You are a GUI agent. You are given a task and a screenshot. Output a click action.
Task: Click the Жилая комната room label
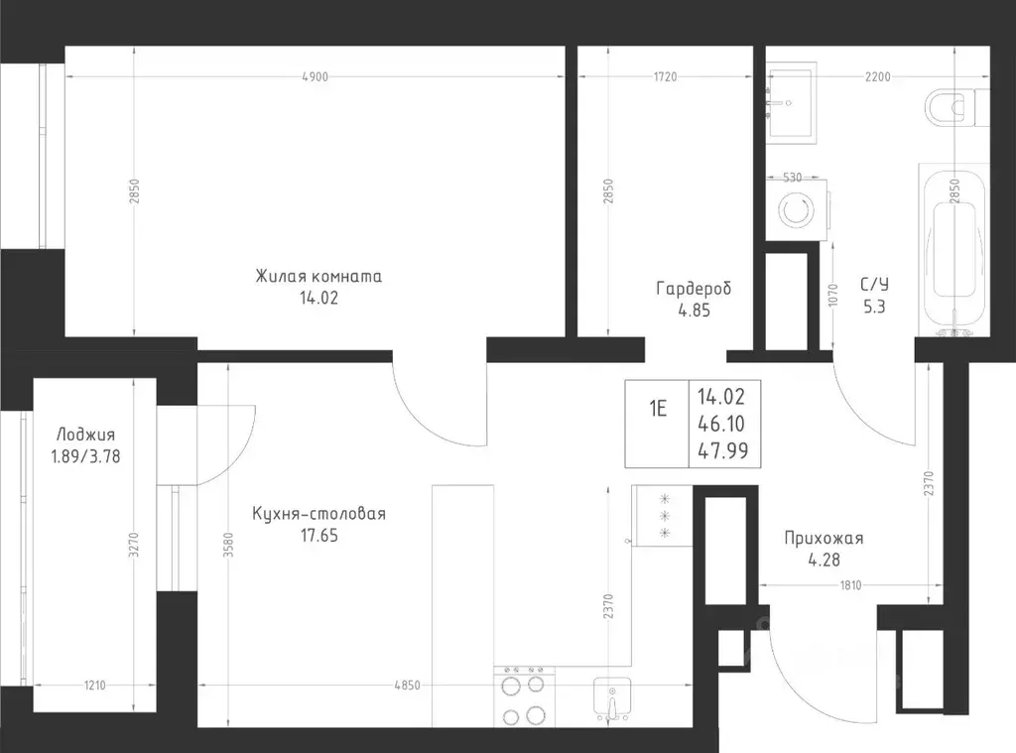[x=318, y=276]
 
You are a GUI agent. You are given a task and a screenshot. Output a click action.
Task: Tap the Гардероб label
[x=694, y=288]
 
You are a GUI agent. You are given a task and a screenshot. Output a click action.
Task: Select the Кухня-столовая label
[x=318, y=514]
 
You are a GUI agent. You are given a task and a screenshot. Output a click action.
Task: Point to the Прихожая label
[x=824, y=538]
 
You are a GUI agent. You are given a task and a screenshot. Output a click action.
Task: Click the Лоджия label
[x=85, y=435]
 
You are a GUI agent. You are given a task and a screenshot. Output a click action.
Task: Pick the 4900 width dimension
[x=316, y=76]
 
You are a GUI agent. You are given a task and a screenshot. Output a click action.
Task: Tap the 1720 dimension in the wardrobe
[x=665, y=76]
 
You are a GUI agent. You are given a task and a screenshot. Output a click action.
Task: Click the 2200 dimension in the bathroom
[x=878, y=76]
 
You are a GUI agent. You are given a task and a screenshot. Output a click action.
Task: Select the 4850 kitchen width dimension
[x=407, y=685]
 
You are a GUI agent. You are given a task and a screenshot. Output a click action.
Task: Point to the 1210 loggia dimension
[x=94, y=685]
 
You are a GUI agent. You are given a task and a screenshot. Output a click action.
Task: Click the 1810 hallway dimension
[x=850, y=585]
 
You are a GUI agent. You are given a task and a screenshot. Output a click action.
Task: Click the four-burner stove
[x=524, y=696]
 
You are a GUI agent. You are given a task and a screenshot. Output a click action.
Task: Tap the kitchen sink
[x=612, y=698]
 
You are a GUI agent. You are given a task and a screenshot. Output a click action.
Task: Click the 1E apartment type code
[x=658, y=409]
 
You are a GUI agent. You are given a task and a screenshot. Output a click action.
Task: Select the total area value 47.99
[x=722, y=450]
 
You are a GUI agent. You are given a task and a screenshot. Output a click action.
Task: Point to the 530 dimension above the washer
[x=793, y=177]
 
